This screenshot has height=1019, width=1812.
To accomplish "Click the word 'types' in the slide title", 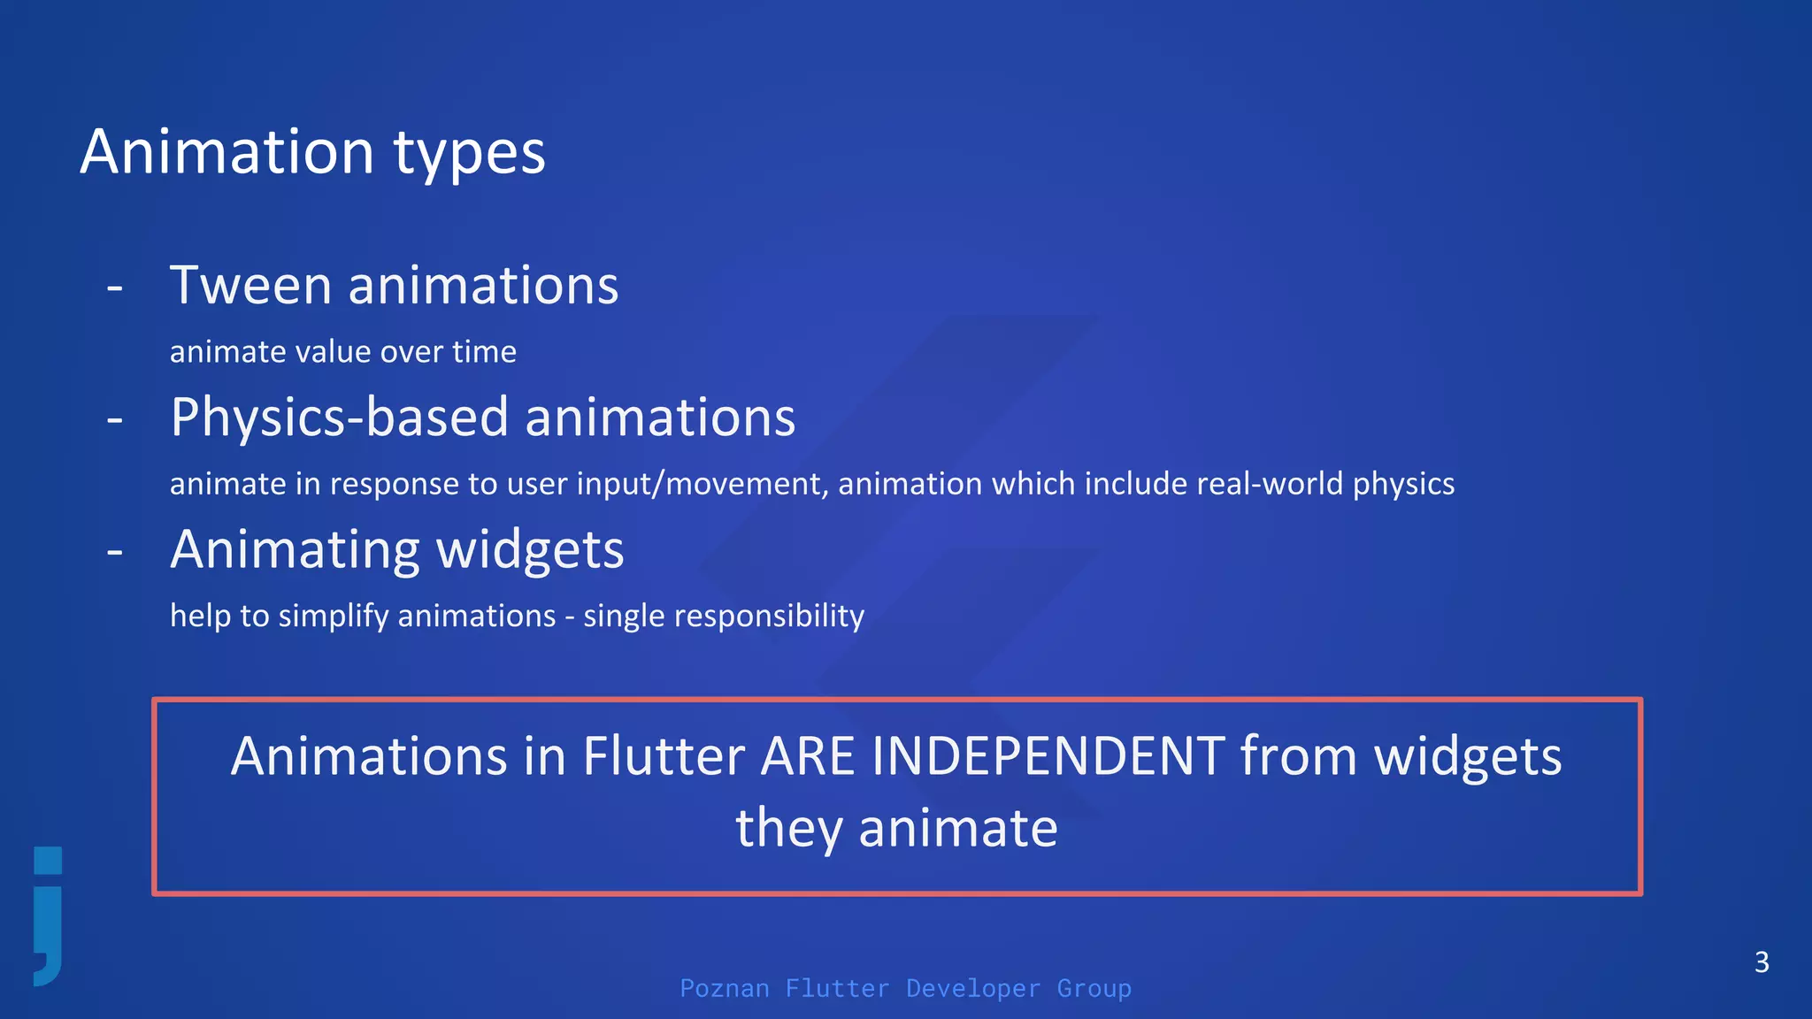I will pos(469,155).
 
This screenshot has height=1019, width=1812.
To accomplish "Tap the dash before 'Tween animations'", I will pos(114,288).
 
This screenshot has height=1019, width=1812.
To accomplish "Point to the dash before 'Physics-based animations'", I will pos(114,420).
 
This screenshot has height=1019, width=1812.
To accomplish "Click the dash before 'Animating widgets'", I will pos(114,552).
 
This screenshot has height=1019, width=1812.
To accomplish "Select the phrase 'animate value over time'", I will pos(342,352).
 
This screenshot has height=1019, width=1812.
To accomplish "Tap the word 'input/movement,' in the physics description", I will pos(703,484).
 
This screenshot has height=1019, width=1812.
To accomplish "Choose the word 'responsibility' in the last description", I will pos(769,616).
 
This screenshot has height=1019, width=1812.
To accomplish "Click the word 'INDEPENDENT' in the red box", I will pos(1048,757).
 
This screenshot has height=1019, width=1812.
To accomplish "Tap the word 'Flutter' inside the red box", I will pos(664,757).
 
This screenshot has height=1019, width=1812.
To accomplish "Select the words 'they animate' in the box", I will pos(896,829).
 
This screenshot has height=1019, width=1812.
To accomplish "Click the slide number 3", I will pos(1762,962).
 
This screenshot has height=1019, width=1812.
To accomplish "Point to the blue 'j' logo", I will pos(48,916).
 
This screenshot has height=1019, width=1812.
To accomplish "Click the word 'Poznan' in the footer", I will pos(724,988).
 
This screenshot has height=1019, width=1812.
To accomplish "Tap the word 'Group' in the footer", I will pos(1094,988).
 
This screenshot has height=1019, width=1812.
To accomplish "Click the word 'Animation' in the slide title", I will pos(227,152).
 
